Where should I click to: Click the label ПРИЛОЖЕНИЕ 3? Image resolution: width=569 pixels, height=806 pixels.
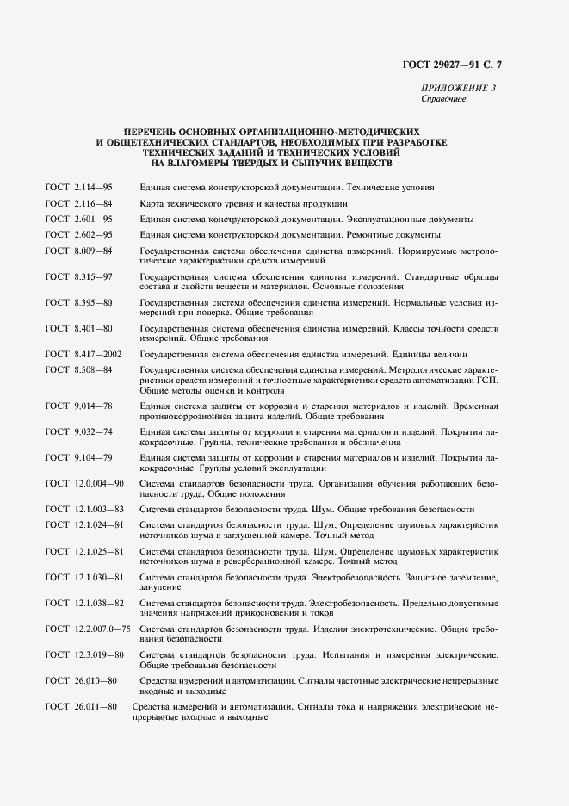click(458, 89)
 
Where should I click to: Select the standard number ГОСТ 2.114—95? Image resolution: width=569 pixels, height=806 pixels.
click(79, 187)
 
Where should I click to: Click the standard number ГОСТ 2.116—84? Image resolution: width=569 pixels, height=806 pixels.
click(79, 203)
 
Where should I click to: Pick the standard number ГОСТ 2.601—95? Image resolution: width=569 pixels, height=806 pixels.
click(79, 219)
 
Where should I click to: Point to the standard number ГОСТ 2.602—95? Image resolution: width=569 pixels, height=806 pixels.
click(79, 234)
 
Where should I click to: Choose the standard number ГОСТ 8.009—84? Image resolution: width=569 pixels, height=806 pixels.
click(79, 251)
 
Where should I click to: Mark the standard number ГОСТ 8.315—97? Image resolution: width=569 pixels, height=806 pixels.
click(79, 276)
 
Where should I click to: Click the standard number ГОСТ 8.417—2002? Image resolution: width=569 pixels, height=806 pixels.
click(83, 353)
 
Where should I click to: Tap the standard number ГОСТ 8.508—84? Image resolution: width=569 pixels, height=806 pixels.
click(79, 369)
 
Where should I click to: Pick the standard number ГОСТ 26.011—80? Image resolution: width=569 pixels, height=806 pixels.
click(82, 706)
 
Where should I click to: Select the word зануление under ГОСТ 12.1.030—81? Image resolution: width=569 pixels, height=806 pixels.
click(159, 587)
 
